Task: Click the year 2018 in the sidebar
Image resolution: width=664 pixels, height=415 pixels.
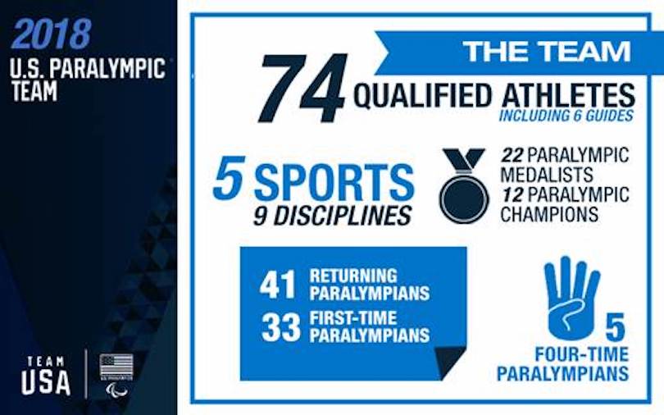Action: [52, 34]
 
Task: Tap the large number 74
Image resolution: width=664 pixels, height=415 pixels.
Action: [302, 88]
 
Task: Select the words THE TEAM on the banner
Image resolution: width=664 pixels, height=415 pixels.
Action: [547, 51]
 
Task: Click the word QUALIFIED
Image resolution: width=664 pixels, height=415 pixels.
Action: [422, 95]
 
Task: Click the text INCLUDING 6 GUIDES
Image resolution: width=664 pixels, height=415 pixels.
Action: [566, 115]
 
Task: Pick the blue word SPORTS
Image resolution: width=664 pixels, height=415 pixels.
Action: [334, 182]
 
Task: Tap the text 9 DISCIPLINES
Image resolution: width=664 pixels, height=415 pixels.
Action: [332, 217]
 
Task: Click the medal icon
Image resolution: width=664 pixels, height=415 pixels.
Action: [464, 185]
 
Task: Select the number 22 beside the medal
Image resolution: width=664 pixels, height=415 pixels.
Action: [512, 155]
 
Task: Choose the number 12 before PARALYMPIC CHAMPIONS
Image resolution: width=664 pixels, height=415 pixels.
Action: [513, 195]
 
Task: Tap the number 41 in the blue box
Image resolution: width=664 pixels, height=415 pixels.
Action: [277, 285]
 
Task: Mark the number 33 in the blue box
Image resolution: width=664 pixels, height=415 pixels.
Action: [280, 327]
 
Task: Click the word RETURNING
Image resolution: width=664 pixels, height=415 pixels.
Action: [353, 276]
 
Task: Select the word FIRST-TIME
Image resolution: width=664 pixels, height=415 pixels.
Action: [353, 318]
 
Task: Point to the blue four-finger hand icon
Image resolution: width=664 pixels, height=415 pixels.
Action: [571, 298]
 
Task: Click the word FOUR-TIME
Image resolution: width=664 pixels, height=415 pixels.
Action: [582, 354]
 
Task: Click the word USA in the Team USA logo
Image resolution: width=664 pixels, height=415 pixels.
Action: [46, 382]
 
